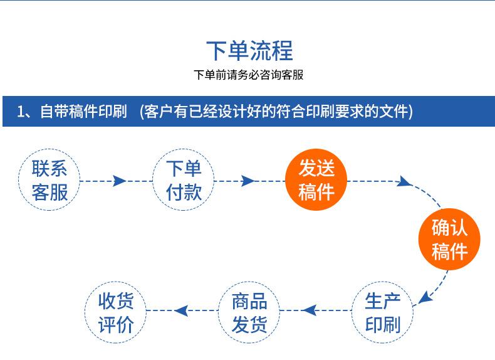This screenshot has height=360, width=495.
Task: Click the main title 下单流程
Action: [x=249, y=51]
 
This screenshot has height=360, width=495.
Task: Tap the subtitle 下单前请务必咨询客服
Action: [x=249, y=75]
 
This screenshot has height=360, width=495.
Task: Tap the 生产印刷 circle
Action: [x=382, y=312]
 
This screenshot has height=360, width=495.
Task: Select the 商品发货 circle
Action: [x=249, y=312]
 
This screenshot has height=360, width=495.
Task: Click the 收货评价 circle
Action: [x=116, y=312]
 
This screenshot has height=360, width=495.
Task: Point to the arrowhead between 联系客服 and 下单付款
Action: [x=119, y=181]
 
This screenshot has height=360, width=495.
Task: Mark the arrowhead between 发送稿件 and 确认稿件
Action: [x=405, y=183]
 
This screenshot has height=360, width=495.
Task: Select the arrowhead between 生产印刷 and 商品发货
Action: [x=309, y=310]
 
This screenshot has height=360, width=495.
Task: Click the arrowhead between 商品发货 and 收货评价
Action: [x=182, y=310]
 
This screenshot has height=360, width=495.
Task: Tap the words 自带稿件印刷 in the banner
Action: [x=83, y=112]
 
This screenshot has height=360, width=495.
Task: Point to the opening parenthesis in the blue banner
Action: [x=143, y=112]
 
